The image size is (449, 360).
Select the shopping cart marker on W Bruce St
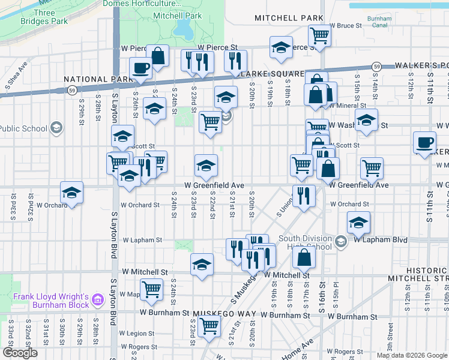(319, 36)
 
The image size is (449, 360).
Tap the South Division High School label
(305, 243)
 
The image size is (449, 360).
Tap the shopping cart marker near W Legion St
(209, 327)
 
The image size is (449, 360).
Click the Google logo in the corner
(20, 353)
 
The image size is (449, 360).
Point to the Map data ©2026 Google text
(412, 355)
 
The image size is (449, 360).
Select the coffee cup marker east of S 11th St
(424, 143)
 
